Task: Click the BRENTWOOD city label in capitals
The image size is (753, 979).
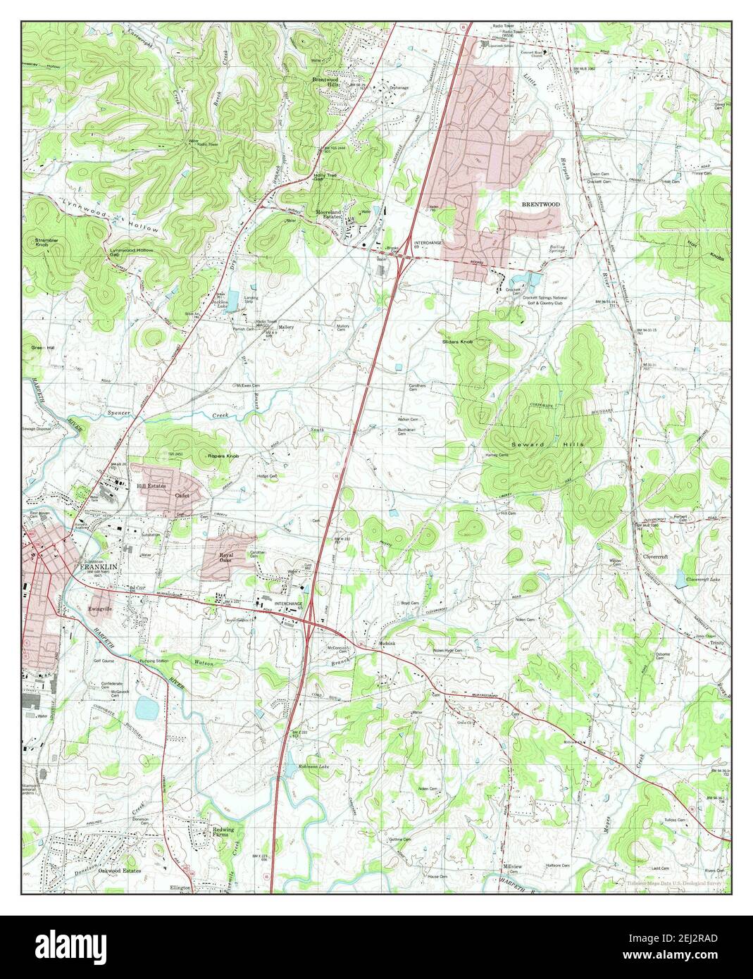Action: (540, 204)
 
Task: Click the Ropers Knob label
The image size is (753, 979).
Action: (223, 456)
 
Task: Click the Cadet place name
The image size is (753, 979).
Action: (182, 495)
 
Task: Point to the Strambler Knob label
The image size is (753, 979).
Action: (46, 243)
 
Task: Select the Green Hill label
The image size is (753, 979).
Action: (43, 348)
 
